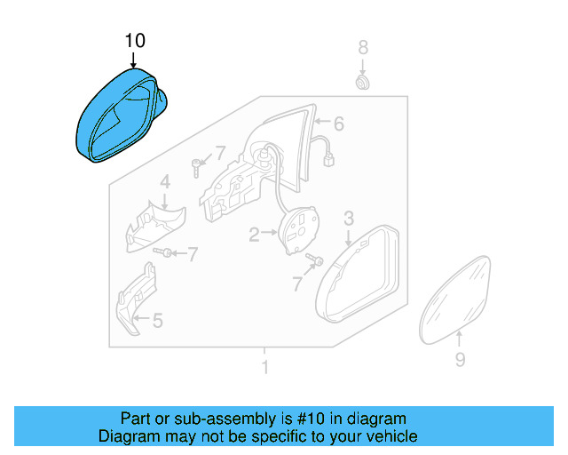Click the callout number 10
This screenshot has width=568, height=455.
pyautogui.click(x=134, y=41)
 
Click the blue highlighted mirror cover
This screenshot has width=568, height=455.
pyautogui.click(x=115, y=120)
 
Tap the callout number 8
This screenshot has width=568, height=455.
pyautogui.click(x=362, y=47)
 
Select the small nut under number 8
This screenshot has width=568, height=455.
pyautogui.click(x=362, y=83)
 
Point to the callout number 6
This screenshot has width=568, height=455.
pyautogui.click(x=337, y=124)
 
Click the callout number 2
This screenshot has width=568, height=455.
pyautogui.click(x=254, y=235)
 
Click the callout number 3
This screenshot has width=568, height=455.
pyautogui.click(x=349, y=217)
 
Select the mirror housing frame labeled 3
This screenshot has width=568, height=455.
pyautogui.click(x=355, y=275)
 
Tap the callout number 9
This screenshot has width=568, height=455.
pyautogui.click(x=460, y=359)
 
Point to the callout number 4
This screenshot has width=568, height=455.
pyautogui.click(x=165, y=183)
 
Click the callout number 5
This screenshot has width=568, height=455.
pyautogui.click(x=157, y=321)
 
